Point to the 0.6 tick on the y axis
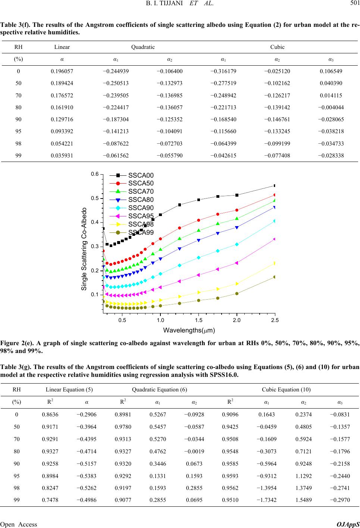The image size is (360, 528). (95, 174)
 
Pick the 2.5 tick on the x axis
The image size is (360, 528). (275, 320)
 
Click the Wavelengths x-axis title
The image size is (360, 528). (189, 330)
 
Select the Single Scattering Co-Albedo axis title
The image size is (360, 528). (84, 249)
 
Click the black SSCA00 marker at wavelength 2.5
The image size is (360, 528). (275, 185)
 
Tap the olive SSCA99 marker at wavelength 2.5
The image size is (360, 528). (275, 277)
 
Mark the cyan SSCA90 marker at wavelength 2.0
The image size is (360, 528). (237, 244)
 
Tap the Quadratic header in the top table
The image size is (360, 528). (143, 47)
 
